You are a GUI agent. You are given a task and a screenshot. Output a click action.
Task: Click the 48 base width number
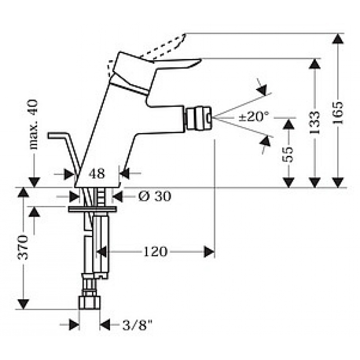tap(96, 174)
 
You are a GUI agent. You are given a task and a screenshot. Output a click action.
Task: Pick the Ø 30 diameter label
tap(155, 196)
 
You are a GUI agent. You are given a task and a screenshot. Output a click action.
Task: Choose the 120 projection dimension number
tap(155, 251)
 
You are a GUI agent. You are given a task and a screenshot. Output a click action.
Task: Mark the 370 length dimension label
tap(23, 248)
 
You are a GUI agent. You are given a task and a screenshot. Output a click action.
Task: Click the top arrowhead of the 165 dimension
tap(337, 39)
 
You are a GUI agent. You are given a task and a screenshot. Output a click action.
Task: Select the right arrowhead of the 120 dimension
tap(209, 251)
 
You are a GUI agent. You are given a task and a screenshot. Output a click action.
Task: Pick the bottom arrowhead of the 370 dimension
tap(23, 304)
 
